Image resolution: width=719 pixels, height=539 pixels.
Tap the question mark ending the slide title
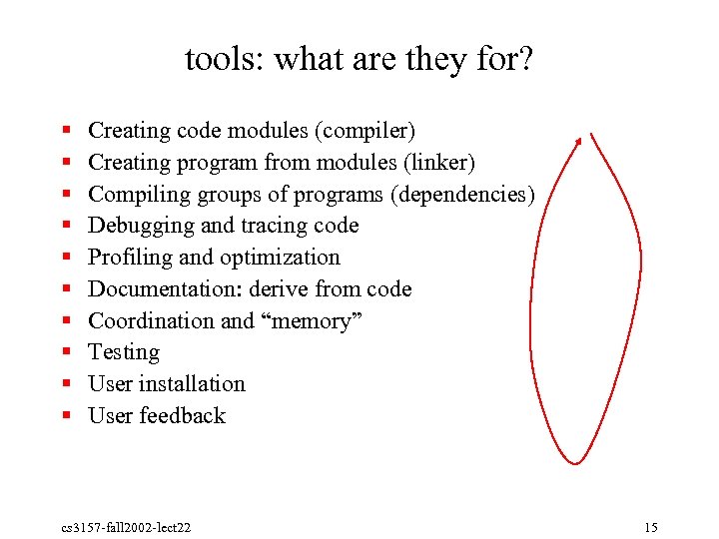pyautogui.click(x=524, y=60)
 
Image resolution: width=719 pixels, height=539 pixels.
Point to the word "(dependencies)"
pyautogui.click(x=463, y=194)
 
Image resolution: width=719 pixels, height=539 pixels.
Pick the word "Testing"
pyautogui.click(x=124, y=352)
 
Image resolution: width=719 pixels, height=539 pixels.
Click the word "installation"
pyautogui.click(x=192, y=384)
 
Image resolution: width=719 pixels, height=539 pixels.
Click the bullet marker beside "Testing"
pyautogui.click(x=65, y=353)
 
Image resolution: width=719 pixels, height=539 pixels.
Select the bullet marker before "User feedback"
pyautogui.click(x=65, y=417)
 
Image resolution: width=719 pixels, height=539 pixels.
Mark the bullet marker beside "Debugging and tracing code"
pyautogui.click(x=65, y=227)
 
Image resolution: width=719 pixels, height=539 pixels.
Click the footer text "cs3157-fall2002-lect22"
pyautogui.click(x=125, y=527)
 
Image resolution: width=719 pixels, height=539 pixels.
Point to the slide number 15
pyautogui.click(x=651, y=527)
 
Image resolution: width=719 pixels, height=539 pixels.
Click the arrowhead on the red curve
pyautogui.click(x=578, y=142)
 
